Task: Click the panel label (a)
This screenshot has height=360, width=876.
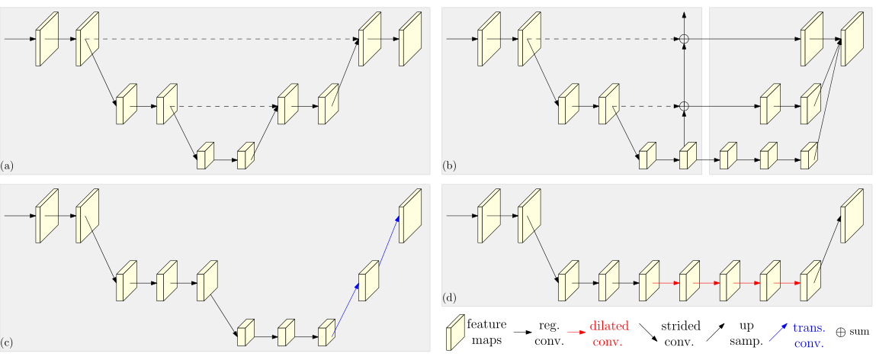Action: point(8,165)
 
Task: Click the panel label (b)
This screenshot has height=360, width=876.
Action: point(450,165)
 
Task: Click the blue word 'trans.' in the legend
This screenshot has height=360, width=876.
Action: point(809,327)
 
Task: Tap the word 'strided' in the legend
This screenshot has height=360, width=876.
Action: point(679,326)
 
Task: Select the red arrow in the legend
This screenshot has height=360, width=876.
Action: point(576,333)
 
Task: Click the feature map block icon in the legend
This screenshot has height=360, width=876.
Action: point(455,333)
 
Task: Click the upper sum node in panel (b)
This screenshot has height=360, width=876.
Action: point(685,39)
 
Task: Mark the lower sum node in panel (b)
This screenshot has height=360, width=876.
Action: point(685,106)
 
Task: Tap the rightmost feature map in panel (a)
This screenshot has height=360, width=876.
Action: point(409,38)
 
